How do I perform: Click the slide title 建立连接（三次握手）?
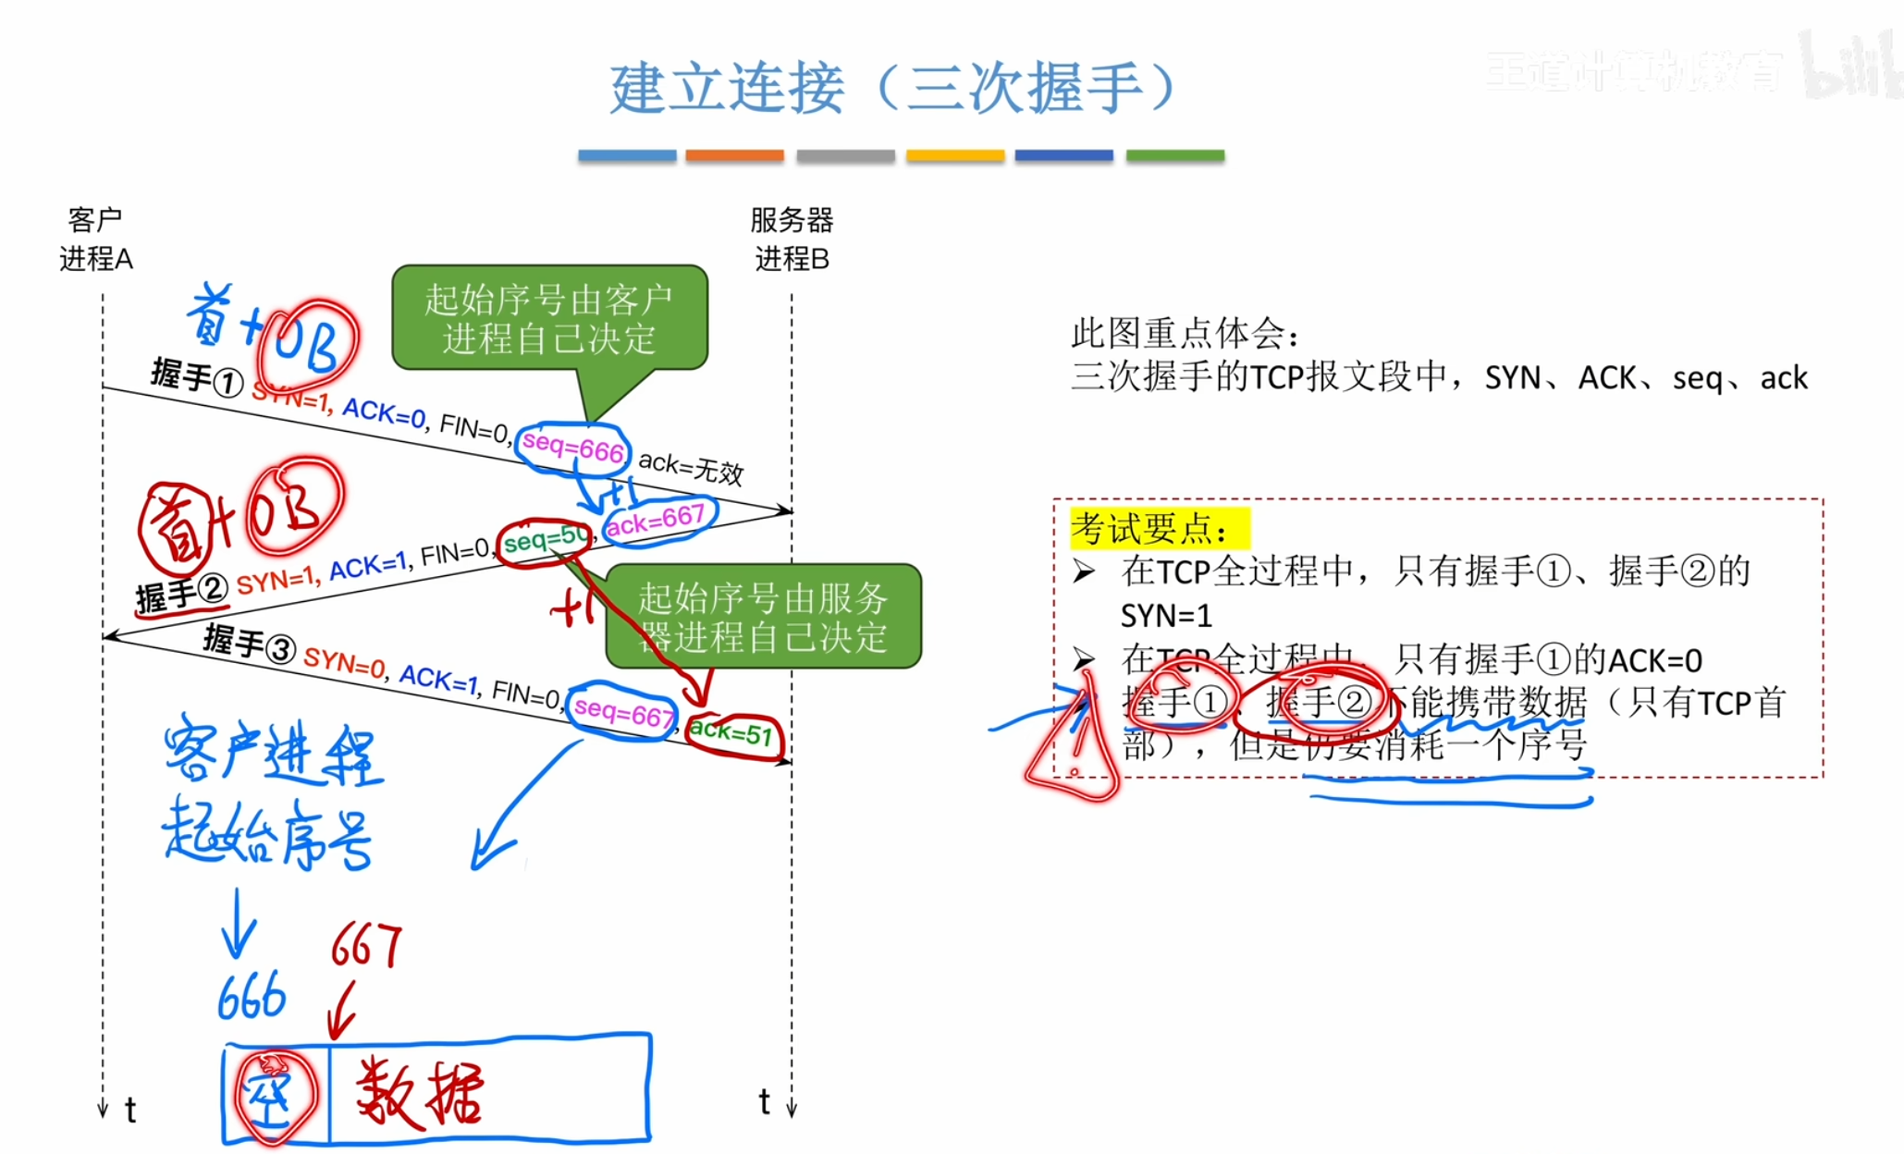(892, 89)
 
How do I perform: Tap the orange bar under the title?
(734, 155)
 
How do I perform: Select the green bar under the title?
(1174, 155)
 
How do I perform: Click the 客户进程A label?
(95, 239)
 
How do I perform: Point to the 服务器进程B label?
(792, 239)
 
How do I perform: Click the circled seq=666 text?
(573, 448)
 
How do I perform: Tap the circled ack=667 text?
(656, 521)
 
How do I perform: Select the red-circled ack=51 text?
(732, 734)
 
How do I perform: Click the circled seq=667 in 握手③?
(622, 713)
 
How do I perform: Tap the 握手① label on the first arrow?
(197, 377)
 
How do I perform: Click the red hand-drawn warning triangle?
(1073, 744)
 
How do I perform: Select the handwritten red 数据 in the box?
(421, 1093)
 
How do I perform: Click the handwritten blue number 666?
(252, 997)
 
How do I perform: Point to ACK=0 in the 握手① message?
(384, 412)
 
